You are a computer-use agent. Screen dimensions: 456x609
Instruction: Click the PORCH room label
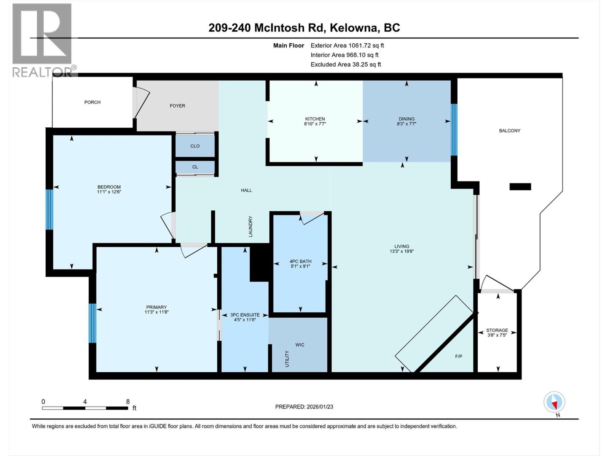coord(92,102)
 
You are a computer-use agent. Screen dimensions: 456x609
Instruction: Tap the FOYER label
coord(177,106)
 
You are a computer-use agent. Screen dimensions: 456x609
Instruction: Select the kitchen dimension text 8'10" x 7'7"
coord(315,124)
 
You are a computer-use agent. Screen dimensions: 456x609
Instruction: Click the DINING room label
coord(407,119)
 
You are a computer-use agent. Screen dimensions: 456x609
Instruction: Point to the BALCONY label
coord(510,131)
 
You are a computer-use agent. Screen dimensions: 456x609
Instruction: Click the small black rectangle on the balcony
coord(520,187)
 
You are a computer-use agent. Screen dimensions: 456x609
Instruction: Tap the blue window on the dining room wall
coord(454,130)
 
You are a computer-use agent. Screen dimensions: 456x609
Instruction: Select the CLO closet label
coord(195,146)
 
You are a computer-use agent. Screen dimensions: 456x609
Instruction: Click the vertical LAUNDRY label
coord(250,226)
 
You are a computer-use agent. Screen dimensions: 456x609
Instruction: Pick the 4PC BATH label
coord(300,261)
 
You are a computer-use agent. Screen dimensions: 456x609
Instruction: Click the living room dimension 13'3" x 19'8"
coord(402,251)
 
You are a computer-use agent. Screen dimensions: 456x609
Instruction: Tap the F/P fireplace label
coord(459,356)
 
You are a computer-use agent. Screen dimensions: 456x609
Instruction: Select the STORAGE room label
coord(497,330)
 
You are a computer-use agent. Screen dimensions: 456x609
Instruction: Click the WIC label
coord(300,345)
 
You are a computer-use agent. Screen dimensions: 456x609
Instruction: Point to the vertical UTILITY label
coord(287,359)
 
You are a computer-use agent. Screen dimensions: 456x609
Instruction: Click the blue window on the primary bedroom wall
coord(92,323)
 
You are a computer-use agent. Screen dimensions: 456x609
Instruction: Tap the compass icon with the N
coord(555,402)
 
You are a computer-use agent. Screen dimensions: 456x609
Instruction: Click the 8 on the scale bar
coord(128,402)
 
